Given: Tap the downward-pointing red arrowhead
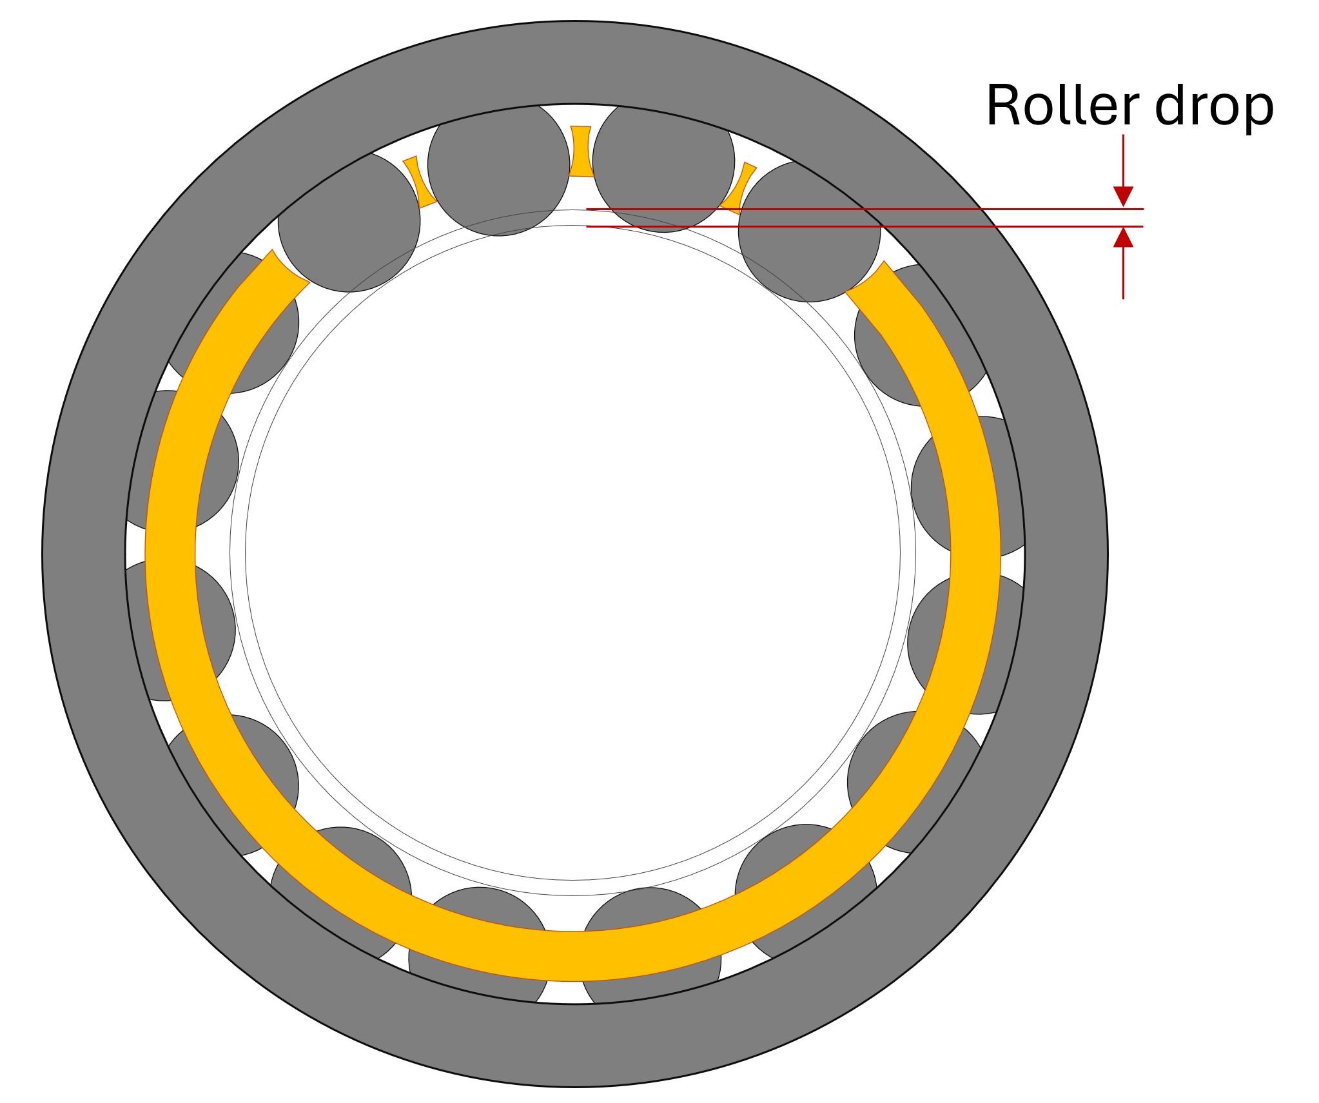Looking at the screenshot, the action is click(x=1124, y=197).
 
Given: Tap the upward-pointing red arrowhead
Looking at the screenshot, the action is click(x=1124, y=237).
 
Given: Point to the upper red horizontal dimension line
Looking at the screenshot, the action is click(x=865, y=209).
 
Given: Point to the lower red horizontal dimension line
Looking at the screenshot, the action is click(x=865, y=226).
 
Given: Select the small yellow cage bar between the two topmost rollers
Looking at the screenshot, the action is click(x=580, y=151).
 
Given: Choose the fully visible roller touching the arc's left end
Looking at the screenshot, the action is click(x=349, y=221).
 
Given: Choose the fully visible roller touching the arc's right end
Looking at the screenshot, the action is click(x=809, y=231).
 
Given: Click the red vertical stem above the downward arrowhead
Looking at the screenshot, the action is click(x=1124, y=161).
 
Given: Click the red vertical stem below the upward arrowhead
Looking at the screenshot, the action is click(x=1124, y=273).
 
